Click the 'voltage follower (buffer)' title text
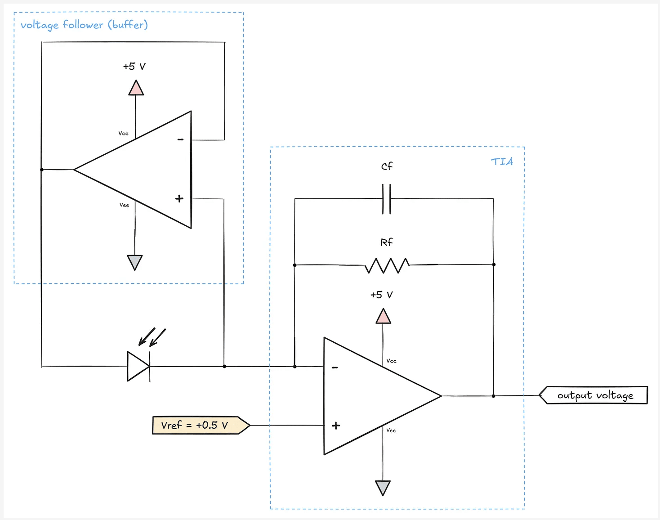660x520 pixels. [x=84, y=25]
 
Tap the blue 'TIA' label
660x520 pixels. [x=502, y=161]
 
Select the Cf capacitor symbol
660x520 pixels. [x=387, y=199]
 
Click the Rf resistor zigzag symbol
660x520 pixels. [x=387, y=265]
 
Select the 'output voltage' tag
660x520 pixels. [x=594, y=395]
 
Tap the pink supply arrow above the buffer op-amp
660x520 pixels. [x=136, y=88]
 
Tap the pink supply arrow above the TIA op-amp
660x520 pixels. [x=383, y=317]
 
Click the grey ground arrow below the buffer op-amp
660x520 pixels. [x=135, y=262]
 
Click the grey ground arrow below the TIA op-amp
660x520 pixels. [x=383, y=487]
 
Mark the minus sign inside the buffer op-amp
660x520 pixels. [x=180, y=139]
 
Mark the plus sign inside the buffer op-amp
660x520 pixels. [x=179, y=198]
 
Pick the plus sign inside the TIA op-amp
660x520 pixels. [x=336, y=426]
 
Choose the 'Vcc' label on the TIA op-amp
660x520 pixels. [x=391, y=361]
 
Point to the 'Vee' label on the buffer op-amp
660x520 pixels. [x=124, y=205]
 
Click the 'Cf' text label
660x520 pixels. [x=387, y=166]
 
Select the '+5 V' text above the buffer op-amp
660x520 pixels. [x=134, y=67]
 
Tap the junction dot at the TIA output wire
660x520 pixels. [x=494, y=396]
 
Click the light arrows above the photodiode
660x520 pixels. [x=152, y=337]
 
